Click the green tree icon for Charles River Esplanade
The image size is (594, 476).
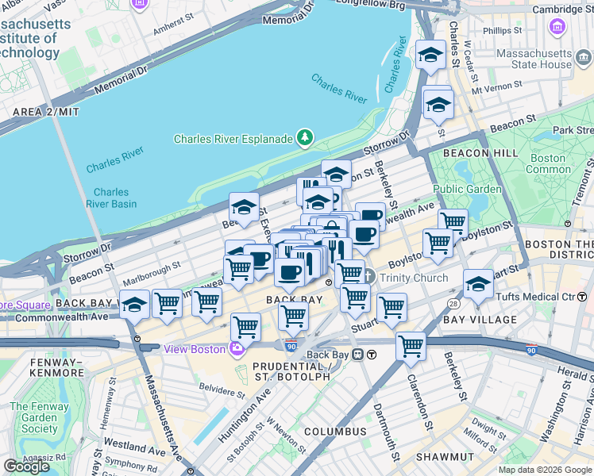click(304, 139)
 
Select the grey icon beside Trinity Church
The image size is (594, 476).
click(368, 278)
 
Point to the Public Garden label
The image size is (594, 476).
click(467, 189)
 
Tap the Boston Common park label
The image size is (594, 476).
click(548, 163)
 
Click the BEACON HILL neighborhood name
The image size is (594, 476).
click(469, 152)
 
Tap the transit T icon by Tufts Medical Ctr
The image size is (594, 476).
click(583, 297)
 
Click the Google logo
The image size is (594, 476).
click(26, 466)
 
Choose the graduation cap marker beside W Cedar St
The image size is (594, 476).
click(430, 55)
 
